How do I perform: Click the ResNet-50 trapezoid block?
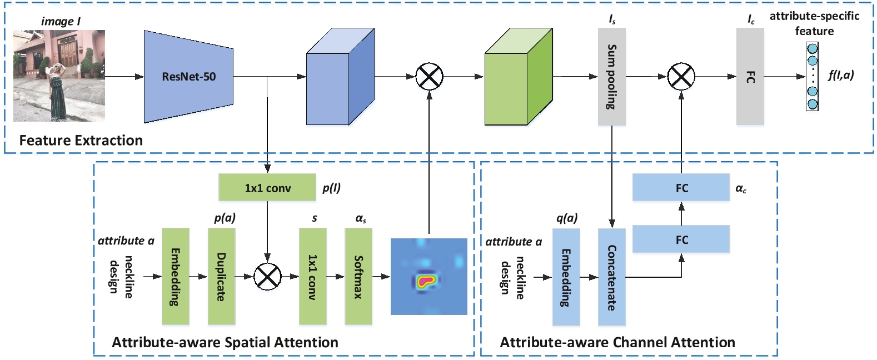pyautogui.click(x=188, y=77)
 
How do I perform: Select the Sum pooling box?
pyautogui.click(x=611, y=77)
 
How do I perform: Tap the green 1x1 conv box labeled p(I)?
pyautogui.click(x=267, y=188)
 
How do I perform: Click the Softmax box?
pyautogui.click(x=358, y=276)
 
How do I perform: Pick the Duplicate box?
pyautogui.click(x=221, y=276)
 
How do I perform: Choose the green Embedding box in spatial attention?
pyautogui.click(x=175, y=276)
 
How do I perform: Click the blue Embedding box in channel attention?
pyautogui.click(x=566, y=277)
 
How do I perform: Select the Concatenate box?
pyautogui.click(x=611, y=277)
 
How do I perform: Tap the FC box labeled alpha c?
pyautogui.click(x=681, y=188)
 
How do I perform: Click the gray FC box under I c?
pyautogui.click(x=750, y=77)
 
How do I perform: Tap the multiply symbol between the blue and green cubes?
pyautogui.click(x=429, y=77)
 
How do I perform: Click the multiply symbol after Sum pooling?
pyautogui.click(x=681, y=77)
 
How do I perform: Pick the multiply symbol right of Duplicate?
pyautogui.click(x=267, y=276)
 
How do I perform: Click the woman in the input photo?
pyautogui.click(x=58, y=89)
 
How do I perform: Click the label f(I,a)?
pyautogui.click(x=840, y=75)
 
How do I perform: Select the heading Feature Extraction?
pyautogui.click(x=81, y=140)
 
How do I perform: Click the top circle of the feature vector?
pyautogui.click(x=812, y=49)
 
